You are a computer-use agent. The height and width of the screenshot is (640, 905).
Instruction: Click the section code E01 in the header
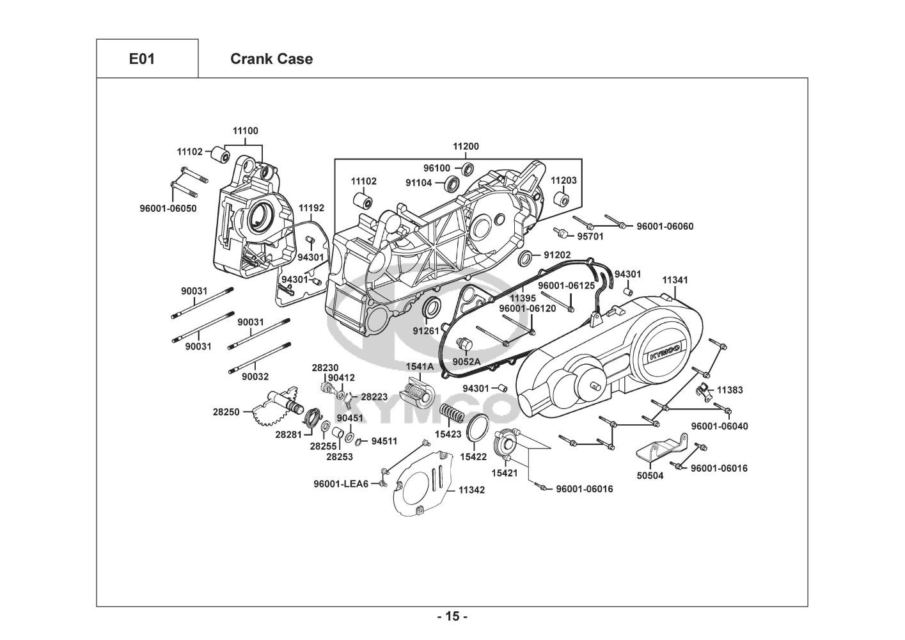point(141,59)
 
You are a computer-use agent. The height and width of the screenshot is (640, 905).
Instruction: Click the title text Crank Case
point(271,59)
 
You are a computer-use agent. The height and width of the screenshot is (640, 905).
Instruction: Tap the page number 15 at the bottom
point(452,617)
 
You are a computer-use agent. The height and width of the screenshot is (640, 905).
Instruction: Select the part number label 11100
point(245,131)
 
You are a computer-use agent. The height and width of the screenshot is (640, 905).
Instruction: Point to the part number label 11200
point(466,147)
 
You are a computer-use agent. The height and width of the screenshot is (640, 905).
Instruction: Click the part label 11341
point(675,280)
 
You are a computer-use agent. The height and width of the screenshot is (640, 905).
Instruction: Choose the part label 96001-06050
point(168,208)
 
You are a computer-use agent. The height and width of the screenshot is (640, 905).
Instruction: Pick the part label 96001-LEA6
point(341,484)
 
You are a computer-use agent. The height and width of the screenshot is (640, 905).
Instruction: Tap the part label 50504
point(650,476)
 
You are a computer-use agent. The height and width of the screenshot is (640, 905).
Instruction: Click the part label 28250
point(226,412)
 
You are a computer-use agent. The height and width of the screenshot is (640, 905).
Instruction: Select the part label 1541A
point(420,366)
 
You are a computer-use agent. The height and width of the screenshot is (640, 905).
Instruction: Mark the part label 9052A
point(466,362)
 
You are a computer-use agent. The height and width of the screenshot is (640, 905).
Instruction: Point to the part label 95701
point(590,236)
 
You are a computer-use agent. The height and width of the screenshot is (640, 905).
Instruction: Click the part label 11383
point(730,390)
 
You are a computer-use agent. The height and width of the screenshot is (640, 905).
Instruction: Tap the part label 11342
point(472,490)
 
